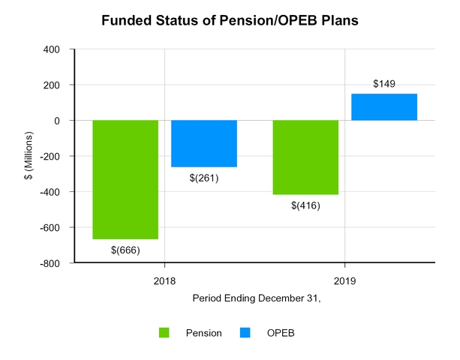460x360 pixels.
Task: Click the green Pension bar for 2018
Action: pyautogui.click(x=125, y=179)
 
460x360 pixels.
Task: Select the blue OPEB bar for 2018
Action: pyautogui.click(x=204, y=143)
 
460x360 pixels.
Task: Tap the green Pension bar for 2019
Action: pyautogui.click(x=305, y=157)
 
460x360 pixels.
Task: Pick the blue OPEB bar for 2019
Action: pyautogui.click(x=383, y=107)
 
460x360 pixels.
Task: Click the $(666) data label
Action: pyautogui.click(x=125, y=249)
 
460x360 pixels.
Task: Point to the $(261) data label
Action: pyautogui.click(x=204, y=177)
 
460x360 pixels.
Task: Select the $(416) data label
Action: pyautogui.click(x=305, y=205)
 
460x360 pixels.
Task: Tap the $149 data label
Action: pyautogui.click(x=383, y=84)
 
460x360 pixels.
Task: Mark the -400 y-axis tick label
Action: pyautogui.click(x=53, y=192)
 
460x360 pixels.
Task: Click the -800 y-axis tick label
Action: pyautogui.click(x=53, y=263)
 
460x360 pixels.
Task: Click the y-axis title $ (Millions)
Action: pyautogui.click(x=27, y=157)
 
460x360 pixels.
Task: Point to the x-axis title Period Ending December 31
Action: pyautogui.click(x=254, y=298)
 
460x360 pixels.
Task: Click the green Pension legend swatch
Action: pyautogui.click(x=164, y=332)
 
